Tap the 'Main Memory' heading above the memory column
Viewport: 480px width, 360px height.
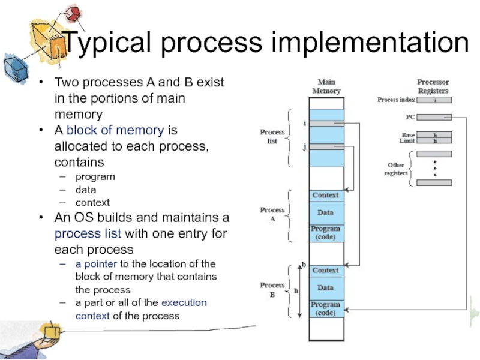coord(326,87)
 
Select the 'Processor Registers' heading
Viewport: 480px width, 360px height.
coord(433,86)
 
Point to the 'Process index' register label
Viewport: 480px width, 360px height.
coord(396,100)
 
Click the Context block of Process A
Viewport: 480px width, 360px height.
coord(326,196)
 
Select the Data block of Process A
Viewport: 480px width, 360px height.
coord(326,212)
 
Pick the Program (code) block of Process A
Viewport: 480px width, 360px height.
coord(326,233)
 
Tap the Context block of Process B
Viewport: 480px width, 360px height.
coord(326,271)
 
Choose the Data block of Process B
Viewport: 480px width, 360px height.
coord(326,288)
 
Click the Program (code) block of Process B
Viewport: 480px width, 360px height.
coord(326,308)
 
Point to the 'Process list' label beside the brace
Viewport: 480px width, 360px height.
coord(272,136)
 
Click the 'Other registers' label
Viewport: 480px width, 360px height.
coord(395,169)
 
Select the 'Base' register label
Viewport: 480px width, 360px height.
coord(408,135)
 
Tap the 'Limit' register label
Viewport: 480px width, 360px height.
coord(407,141)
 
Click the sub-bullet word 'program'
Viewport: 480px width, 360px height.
coord(95,176)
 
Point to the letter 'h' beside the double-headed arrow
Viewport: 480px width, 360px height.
coord(295,290)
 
